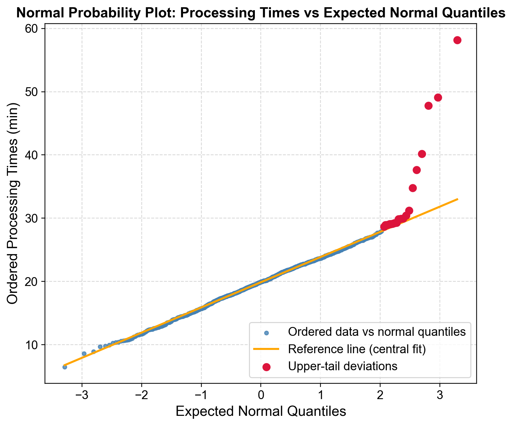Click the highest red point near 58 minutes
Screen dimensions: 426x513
(x=457, y=40)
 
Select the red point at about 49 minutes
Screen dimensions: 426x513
(x=438, y=97)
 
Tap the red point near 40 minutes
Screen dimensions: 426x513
(x=422, y=154)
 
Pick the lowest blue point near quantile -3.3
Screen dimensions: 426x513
(x=65, y=367)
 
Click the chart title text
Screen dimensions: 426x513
(x=261, y=13)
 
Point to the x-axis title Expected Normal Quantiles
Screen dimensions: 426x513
(x=261, y=411)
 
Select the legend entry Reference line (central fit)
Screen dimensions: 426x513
(x=357, y=349)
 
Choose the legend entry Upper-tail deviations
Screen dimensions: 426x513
(x=343, y=366)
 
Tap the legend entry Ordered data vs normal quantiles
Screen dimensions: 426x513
(x=377, y=332)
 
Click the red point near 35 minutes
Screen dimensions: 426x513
(x=413, y=188)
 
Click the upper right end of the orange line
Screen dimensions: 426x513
(x=457, y=199)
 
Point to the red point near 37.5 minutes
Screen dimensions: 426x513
(x=417, y=170)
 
